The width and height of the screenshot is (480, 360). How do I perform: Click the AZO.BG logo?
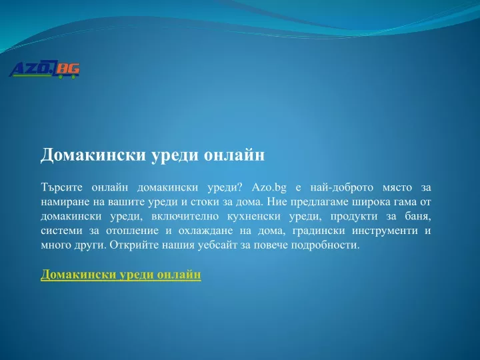(45, 69)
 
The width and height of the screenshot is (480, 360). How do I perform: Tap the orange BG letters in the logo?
(67, 69)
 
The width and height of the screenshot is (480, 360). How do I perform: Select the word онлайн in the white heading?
(234, 155)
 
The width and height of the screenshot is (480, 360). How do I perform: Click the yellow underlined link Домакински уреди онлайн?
(121, 274)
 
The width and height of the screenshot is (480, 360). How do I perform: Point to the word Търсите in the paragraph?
(61, 187)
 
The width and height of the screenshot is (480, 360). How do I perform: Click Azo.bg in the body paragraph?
(269, 187)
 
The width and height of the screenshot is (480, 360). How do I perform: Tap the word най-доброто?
(342, 187)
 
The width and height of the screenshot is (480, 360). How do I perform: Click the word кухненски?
(254, 217)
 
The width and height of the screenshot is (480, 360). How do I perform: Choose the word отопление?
(132, 231)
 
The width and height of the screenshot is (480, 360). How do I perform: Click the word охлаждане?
(205, 231)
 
